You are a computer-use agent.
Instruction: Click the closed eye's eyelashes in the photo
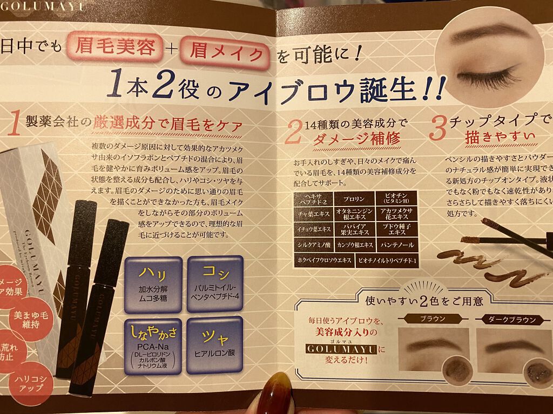[502, 77]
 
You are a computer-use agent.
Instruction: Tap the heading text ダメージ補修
[356, 140]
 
